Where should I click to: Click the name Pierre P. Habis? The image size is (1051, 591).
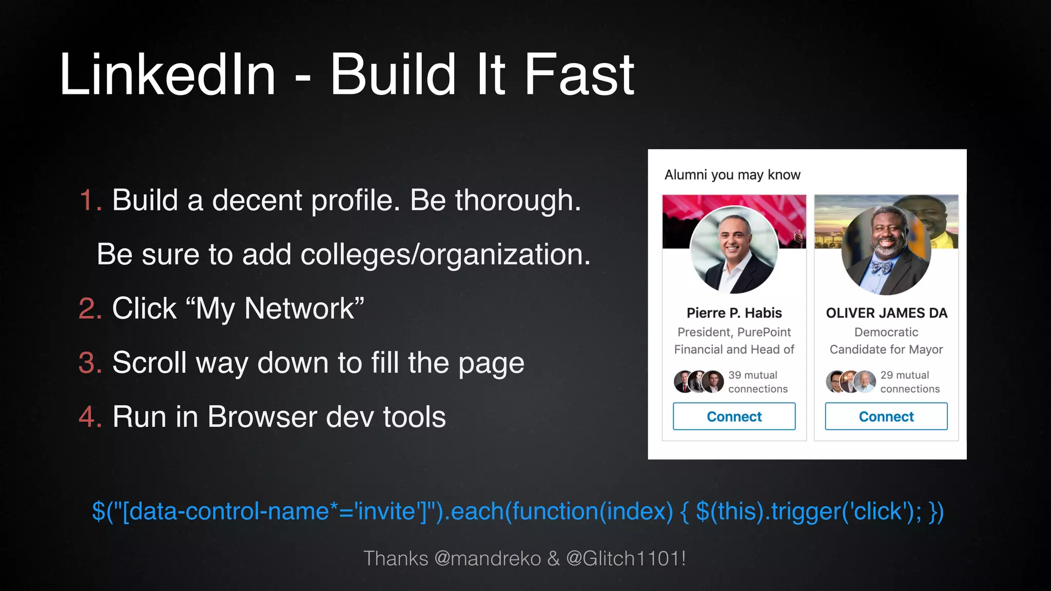tap(734, 313)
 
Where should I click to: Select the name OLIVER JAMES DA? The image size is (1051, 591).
tap(886, 313)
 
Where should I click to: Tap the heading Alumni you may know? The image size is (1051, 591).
tap(732, 175)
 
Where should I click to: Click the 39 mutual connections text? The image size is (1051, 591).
tap(757, 382)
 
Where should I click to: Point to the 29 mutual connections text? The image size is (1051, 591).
tap(909, 382)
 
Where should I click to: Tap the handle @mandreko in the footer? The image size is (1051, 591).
tap(488, 558)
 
